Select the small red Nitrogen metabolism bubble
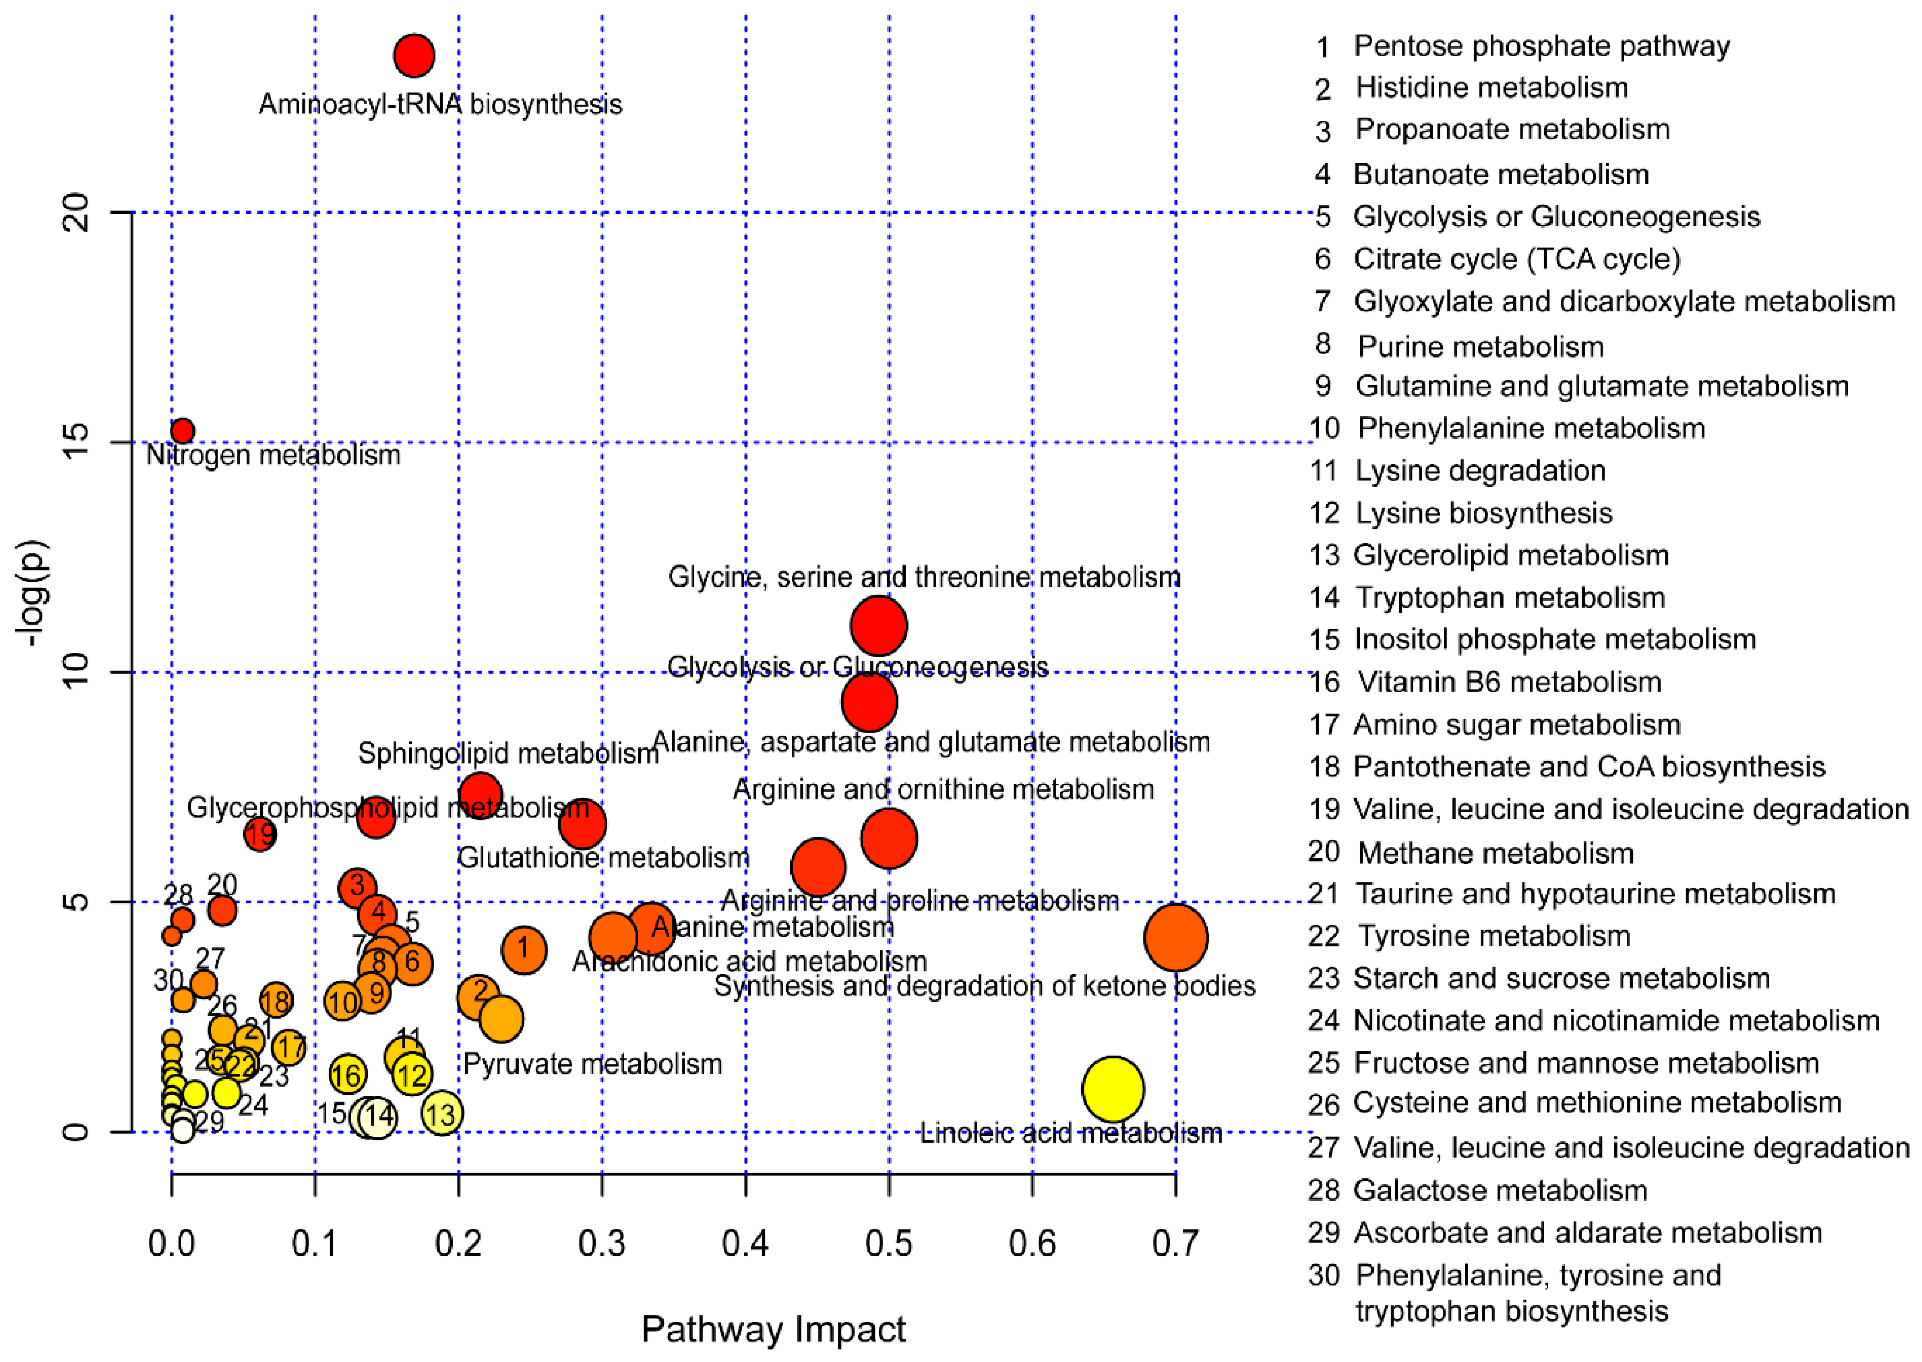click(182, 431)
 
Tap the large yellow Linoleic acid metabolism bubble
click(1113, 1089)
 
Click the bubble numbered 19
click(260, 834)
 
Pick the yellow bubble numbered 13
click(441, 1114)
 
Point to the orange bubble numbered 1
click(524, 950)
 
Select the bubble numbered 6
click(412, 963)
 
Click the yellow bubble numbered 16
click(347, 1074)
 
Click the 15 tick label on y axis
click(75, 442)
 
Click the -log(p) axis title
click(34, 593)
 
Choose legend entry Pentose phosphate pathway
click(1541, 46)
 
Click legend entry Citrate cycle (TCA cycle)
click(1516, 259)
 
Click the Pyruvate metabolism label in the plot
click(592, 1064)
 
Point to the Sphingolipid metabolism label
click(508, 754)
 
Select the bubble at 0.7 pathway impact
click(1176, 937)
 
